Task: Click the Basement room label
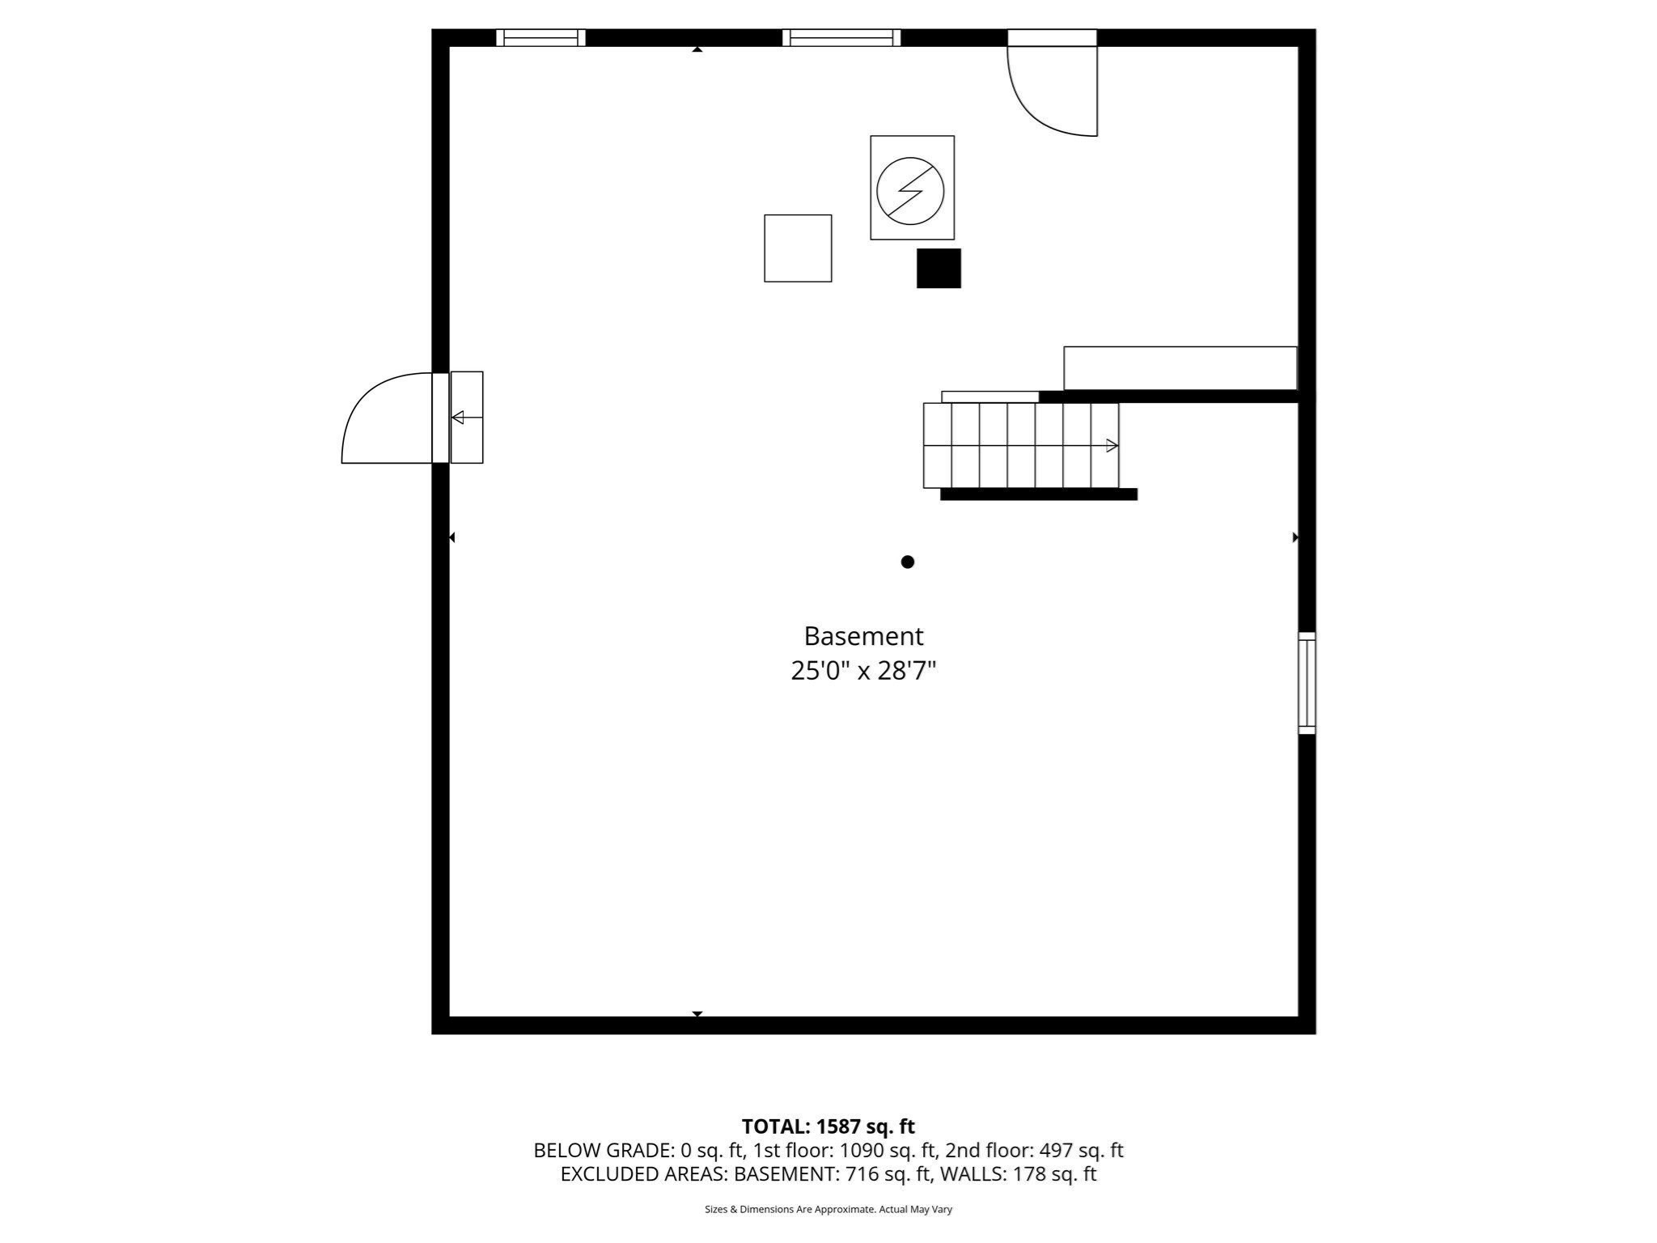click(862, 636)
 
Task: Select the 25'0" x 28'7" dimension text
click(862, 671)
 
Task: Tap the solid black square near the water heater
click(939, 268)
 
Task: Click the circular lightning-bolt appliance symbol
click(910, 191)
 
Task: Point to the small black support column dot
click(908, 562)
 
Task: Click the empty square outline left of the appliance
click(798, 248)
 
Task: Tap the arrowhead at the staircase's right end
click(1112, 445)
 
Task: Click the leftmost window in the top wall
click(540, 37)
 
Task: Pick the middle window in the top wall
click(841, 37)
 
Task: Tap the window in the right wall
click(1307, 683)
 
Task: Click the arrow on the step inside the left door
click(458, 418)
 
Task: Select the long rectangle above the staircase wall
click(1180, 368)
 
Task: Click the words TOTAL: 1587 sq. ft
click(828, 1126)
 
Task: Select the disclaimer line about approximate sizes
click(828, 1209)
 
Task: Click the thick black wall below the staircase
click(1039, 494)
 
